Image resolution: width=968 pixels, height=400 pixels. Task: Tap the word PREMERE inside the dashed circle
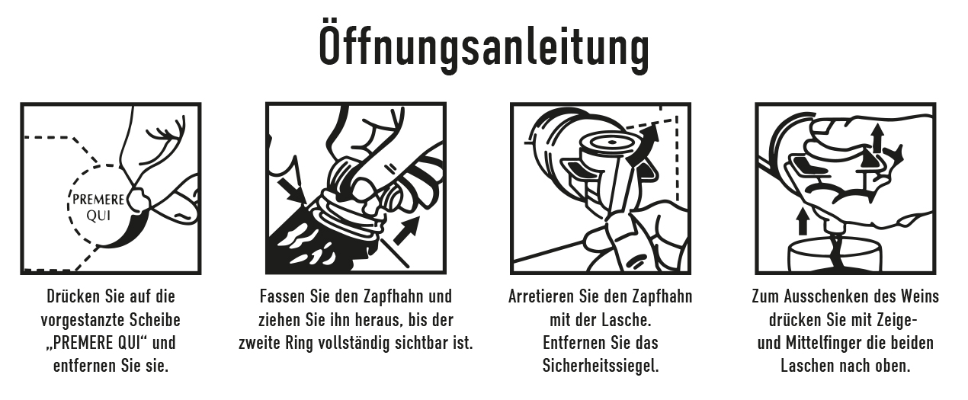[x=98, y=200]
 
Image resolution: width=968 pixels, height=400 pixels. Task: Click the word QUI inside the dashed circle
[x=98, y=216]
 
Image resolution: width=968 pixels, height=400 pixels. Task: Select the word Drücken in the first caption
[x=73, y=296]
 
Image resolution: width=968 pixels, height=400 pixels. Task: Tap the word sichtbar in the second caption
[x=421, y=344]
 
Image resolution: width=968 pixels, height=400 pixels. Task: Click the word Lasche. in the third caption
[x=627, y=320]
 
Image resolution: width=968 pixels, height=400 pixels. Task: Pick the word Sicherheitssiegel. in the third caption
[x=601, y=366]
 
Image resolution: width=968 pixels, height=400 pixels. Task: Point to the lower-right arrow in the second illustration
[x=406, y=230]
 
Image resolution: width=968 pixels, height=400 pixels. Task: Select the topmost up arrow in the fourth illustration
[x=877, y=137]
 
